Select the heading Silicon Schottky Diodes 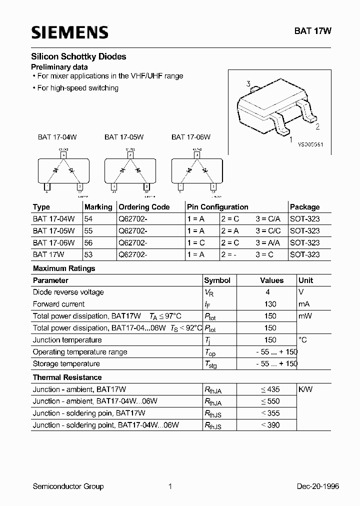tap(78, 57)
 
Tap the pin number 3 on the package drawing tap(248, 84)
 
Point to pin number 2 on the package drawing tap(317, 126)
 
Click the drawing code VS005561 tap(310, 144)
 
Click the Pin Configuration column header tap(217, 207)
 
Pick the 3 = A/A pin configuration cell tap(268, 242)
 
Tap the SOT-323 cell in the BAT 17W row tap(304, 254)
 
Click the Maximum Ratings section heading tap(63, 268)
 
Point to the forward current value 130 tap(269, 304)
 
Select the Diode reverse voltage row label tap(68, 292)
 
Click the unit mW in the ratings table tap(305, 316)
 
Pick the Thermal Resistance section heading tap(67, 377)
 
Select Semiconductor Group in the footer tap(67, 486)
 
